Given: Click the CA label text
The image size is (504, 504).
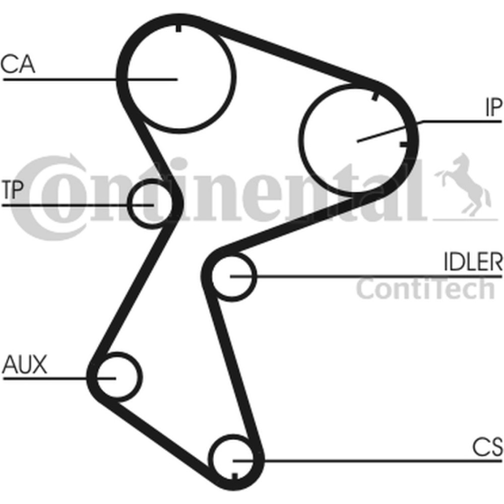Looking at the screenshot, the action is coord(18,64).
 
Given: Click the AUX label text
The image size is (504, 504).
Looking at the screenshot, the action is coord(24,364).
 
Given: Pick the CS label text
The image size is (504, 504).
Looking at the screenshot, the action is coord(487,447).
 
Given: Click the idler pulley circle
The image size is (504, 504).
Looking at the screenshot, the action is coord(256,276).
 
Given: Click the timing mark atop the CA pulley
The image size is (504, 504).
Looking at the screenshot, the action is coord(178,28).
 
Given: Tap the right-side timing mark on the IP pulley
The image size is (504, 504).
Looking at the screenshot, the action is coord(404,144).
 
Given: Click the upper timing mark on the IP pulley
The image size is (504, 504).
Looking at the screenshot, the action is coord(374,95).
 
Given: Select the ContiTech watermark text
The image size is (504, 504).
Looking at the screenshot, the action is coord(425,289).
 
